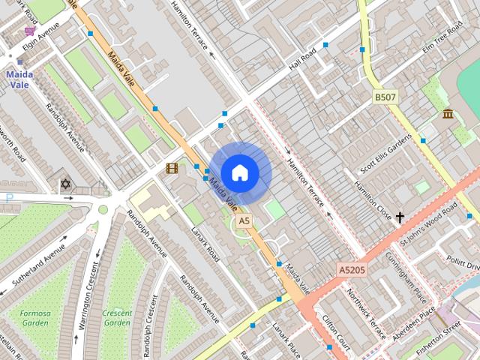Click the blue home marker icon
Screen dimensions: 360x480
pos(239,172)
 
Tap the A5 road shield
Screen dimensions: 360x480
pos(244,221)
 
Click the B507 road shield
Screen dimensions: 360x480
pos(385,97)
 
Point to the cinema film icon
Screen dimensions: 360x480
pos(172,168)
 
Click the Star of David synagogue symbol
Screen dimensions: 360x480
pos(64,183)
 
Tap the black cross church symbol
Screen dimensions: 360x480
pos(400,217)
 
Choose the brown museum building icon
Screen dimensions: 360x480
pos(448,114)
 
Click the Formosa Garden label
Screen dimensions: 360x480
pos(35,318)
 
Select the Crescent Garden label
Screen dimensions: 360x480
pos(118,318)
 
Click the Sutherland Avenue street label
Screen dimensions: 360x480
pos(34,267)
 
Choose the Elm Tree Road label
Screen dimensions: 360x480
pos(445,38)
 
